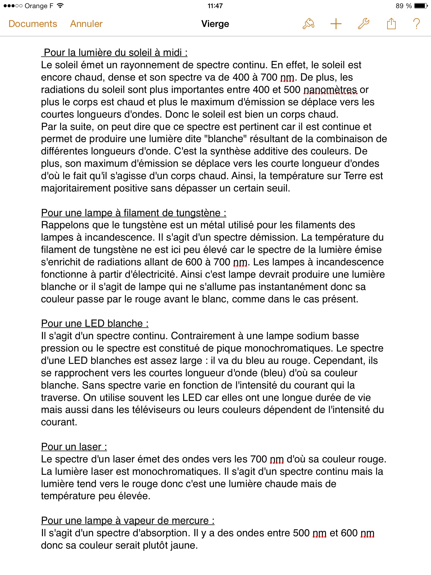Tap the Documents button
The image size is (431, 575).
tap(33, 24)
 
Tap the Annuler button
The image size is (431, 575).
tap(86, 24)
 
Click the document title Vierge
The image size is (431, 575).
tap(215, 24)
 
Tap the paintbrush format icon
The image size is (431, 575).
tap(308, 24)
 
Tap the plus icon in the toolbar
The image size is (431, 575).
tap(336, 24)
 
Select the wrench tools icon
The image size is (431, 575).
tap(364, 24)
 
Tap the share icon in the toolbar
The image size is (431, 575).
tap(391, 24)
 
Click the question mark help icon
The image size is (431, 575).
tap(417, 24)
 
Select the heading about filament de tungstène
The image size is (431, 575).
tap(134, 213)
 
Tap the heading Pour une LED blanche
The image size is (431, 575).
tap(95, 323)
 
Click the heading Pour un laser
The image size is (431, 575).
tap(74, 447)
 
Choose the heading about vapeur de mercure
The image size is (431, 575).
tap(128, 521)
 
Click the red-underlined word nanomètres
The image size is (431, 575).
tap(330, 90)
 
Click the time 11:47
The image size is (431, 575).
tap(215, 6)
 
